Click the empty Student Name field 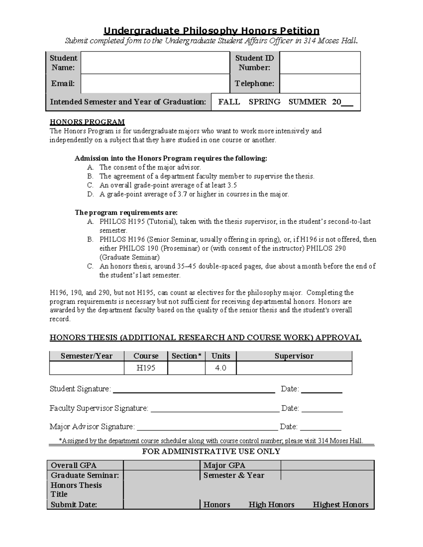tap(155, 63)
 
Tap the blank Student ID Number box tap(320, 63)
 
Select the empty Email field tap(155, 83)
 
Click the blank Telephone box tap(320, 83)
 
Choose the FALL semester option tap(229, 102)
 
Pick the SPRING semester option tap(264, 102)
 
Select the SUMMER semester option tap(307, 102)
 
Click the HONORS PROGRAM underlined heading tap(87, 122)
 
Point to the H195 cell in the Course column tap(146, 368)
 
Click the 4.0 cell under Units tap(221, 368)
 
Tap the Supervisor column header tap(294, 356)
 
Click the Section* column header tap(186, 356)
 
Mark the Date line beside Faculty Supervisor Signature tap(322, 409)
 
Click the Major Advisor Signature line tap(207, 427)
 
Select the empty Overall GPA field tap(161, 465)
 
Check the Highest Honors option tap(341, 505)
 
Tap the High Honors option tap(271, 505)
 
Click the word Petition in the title tap(298, 31)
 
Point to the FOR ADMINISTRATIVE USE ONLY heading tap(211, 452)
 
